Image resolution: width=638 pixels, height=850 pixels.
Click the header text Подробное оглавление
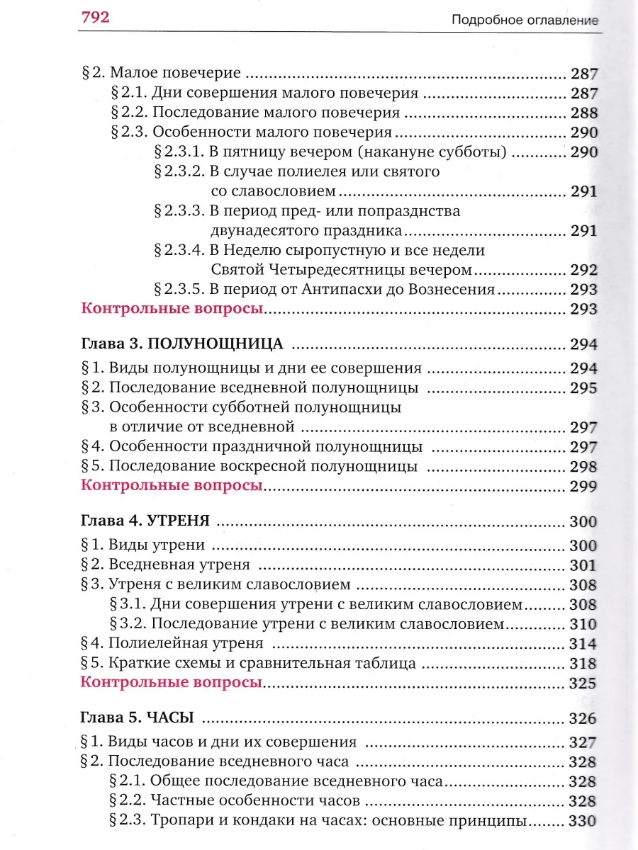525,21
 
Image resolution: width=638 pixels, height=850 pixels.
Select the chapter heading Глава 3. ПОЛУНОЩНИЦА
182,344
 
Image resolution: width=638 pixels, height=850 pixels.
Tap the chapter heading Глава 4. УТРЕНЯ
145,522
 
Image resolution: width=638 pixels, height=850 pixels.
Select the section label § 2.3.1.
178,152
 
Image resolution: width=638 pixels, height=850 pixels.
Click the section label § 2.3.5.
178,289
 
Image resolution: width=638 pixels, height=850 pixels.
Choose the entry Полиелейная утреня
186,644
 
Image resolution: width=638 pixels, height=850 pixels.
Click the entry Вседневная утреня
179,565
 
